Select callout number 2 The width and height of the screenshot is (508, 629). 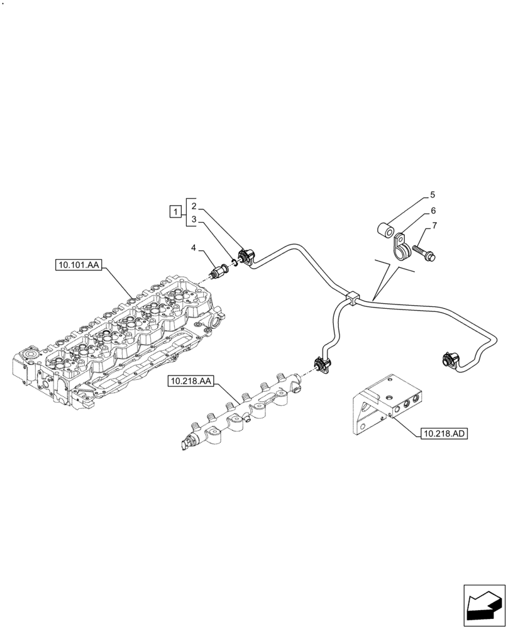point(194,206)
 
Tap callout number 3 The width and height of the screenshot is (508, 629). point(194,220)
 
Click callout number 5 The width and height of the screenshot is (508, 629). point(433,195)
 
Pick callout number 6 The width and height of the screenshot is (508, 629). point(433,211)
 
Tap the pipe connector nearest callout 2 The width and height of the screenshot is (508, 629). point(246,257)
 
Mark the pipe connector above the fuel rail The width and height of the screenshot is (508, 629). point(319,365)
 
